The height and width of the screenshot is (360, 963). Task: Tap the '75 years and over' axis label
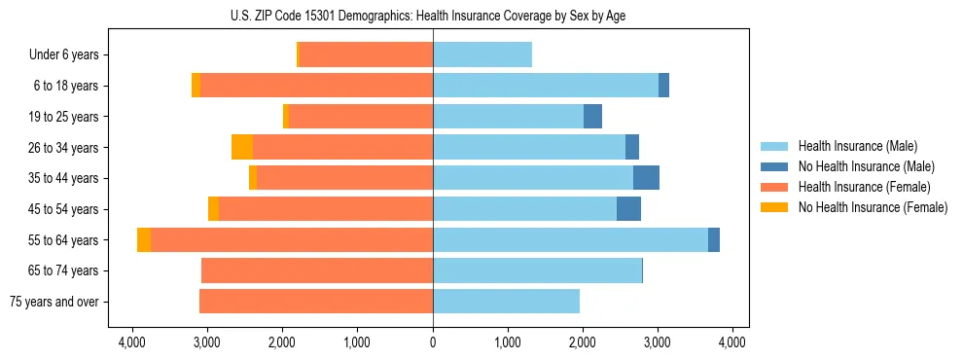point(53,302)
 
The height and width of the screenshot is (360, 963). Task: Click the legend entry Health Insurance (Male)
point(857,146)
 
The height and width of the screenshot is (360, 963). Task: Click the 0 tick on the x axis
point(433,342)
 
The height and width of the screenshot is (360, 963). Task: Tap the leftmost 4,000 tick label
point(132,342)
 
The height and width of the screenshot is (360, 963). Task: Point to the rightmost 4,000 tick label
point(732,342)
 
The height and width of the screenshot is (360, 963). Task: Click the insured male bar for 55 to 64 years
point(570,239)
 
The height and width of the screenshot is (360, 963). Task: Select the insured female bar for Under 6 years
point(367,54)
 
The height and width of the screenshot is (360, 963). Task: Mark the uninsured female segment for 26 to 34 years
point(242,147)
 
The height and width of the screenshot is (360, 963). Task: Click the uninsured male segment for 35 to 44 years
point(646,178)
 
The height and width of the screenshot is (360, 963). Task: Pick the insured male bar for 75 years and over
point(506,302)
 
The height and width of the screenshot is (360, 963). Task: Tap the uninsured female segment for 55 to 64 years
point(144,239)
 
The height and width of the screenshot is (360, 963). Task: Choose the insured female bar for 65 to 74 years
point(317,270)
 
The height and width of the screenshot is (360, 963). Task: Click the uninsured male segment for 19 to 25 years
point(592,117)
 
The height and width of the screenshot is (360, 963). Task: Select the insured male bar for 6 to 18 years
point(546,86)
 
